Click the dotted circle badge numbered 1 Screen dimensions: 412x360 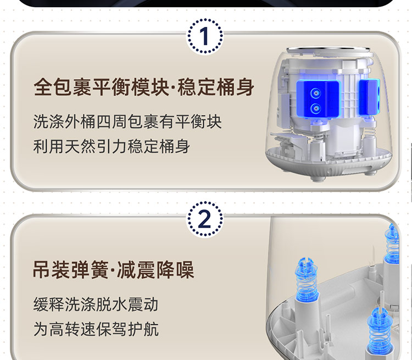pos(205,36)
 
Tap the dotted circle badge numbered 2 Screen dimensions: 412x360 pos(205,219)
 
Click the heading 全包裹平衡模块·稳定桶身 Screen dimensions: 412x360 pos(144,87)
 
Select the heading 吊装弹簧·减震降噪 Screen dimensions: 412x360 pos(114,269)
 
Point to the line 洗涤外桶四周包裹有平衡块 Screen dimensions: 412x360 pos(127,122)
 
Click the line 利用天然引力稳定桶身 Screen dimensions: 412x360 pos(112,146)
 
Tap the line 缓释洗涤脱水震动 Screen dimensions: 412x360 pos(96,304)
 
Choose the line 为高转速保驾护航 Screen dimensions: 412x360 pos(96,329)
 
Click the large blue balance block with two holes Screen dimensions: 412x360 pos(318,99)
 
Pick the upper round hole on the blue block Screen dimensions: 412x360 pos(315,93)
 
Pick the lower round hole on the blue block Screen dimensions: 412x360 pos(315,108)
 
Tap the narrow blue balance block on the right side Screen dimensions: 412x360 pos(370,97)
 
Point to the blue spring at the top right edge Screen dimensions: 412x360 pos(393,243)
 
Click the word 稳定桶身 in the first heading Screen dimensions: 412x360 pos(216,87)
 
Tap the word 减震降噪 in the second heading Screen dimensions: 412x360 pos(156,269)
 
